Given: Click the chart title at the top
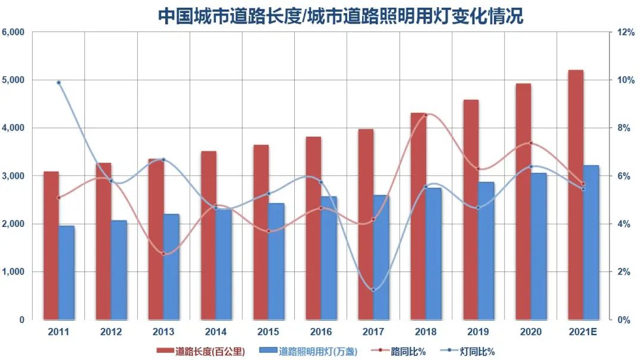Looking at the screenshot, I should coord(340,15).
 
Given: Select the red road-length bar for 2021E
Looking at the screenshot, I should coord(575,196).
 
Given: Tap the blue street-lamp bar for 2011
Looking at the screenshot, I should coord(67,273).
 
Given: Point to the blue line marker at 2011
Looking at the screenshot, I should coord(59,83).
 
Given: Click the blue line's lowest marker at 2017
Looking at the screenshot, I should coord(373,290).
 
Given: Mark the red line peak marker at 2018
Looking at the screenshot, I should coord(426,115).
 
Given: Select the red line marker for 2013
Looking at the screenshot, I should coord(163,254).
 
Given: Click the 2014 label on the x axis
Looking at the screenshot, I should coord(216,331).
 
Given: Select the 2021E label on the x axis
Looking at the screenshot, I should coord(583,331).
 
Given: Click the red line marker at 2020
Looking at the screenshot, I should coord(531,143).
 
